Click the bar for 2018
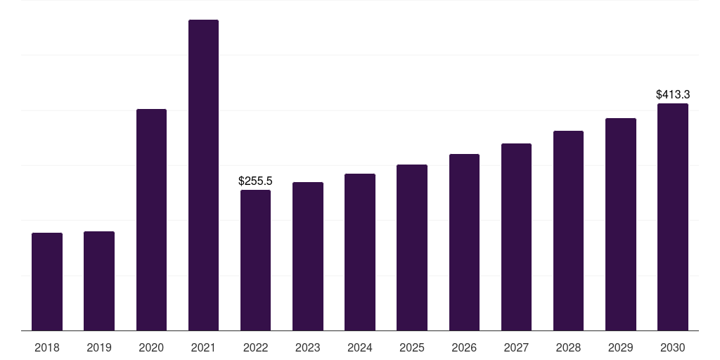click(47, 281)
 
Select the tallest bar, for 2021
click(203, 175)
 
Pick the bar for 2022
click(255, 260)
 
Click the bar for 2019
click(99, 281)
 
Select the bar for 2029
click(621, 224)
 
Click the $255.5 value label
click(255, 181)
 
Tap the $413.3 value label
click(673, 94)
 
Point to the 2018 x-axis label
click(47, 347)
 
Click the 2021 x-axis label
click(203, 347)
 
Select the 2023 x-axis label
click(308, 347)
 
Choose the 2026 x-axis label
click(464, 347)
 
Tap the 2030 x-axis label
click(673, 347)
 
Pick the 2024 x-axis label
click(360, 347)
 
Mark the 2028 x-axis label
click(568, 347)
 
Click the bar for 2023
click(308, 256)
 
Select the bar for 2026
click(464, 242)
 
